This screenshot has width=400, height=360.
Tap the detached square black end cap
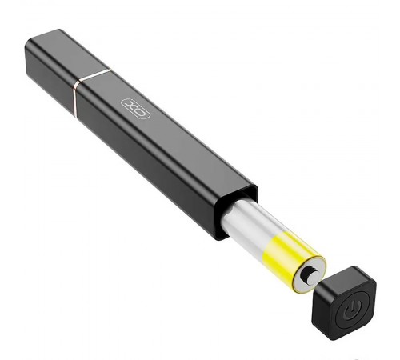(x=344, y=302)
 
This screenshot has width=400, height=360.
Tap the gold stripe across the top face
(x=95, y=74)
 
